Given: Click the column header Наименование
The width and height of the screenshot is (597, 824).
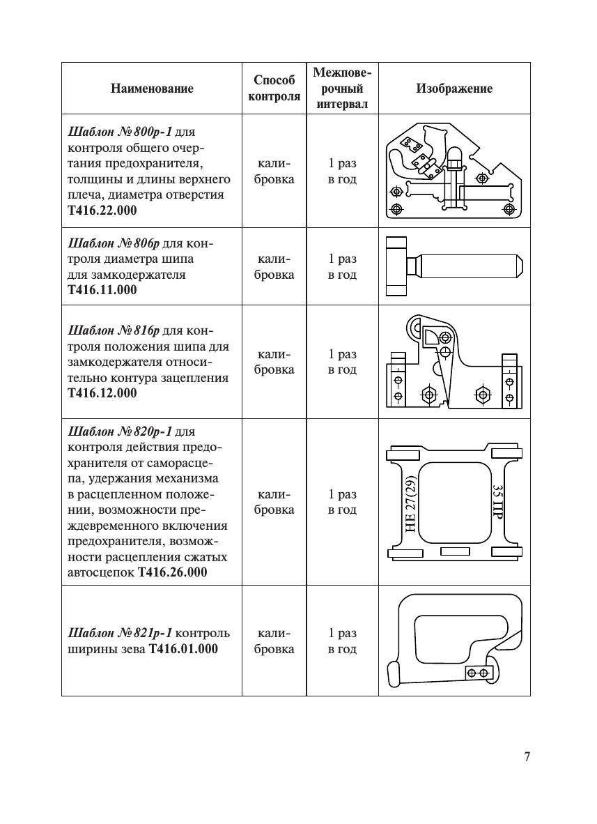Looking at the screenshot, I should (x=151, y=89).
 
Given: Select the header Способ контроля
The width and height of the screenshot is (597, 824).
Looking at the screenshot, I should (x=274, y=89).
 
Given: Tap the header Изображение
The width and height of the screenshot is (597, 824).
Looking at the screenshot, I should (x=454, y=89).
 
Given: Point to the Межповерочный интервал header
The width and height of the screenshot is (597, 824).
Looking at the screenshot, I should (x=342, y=89).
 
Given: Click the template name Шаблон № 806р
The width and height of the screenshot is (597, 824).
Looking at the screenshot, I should (x=114, y=244).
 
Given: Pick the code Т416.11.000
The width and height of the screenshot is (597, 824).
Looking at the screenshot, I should (x=102, y=290).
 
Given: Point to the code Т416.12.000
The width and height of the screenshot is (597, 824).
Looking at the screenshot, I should (x=102, y=392).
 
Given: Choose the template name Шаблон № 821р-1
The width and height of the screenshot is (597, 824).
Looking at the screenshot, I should (x=119, y=634).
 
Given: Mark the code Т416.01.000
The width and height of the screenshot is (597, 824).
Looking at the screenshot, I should (x=183, y=649).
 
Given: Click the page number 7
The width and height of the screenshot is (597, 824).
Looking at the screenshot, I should (x=527, y=757).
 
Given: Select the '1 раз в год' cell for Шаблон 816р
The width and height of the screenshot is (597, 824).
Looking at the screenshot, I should (x=342, y=362).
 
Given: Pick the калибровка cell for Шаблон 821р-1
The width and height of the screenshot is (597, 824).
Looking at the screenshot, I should (x=274, y=641).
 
